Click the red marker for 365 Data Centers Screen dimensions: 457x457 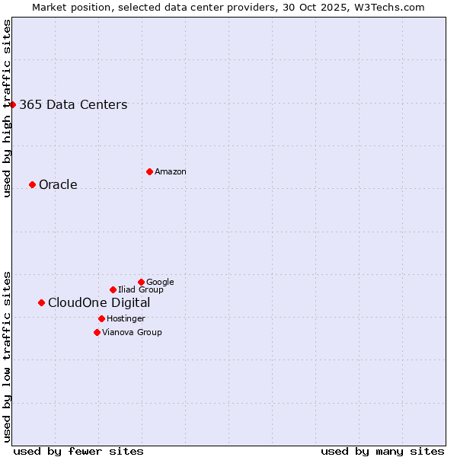(x=13, y=104)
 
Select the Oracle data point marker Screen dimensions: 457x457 (x=32, y=184)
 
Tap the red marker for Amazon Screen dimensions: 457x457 (x=149, y=171)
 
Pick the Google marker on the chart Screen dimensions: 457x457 (x=141, y=282)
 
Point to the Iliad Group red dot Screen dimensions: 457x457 (x=113, y=289)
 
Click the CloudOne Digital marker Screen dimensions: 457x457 (x=41, y=302)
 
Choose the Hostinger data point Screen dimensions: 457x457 (x=101, y=318)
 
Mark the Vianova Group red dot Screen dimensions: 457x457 (x=97, y=332)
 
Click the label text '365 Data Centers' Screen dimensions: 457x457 (x=73, y=105)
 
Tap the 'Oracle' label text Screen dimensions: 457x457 (x=58, y=185)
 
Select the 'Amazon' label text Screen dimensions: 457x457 (x=171, y=172)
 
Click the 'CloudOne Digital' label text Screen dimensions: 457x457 (x=99, y=303)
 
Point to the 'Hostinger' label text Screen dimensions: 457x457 (x=126, y=319)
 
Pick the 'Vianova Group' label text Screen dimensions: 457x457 (x=132, y=333)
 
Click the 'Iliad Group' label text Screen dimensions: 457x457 (x=141, y=290)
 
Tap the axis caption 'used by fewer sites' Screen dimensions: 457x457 (x=78, y=451)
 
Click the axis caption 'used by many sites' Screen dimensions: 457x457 (x=382, y=451)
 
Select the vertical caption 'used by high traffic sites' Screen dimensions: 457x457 (x=7, y=108)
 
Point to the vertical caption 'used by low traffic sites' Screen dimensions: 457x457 (x=7, y=356)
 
